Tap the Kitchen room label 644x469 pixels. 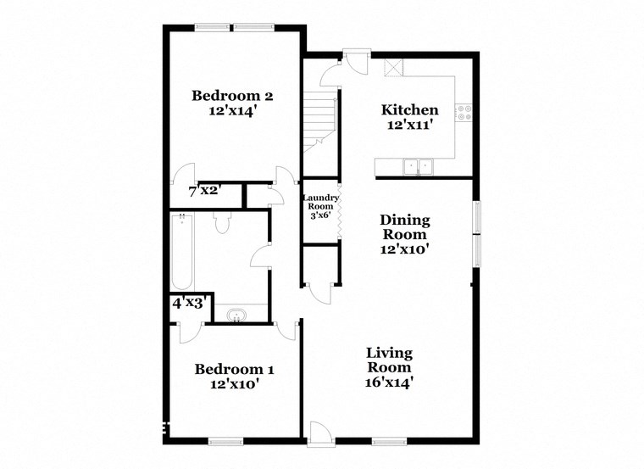(x=409, y=116)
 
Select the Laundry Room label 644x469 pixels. (x=321, y=208)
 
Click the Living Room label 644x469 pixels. (x=389, y=367)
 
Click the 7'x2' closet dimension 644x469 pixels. (x=204, y=190)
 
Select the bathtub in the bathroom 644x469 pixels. (x=181, y=254)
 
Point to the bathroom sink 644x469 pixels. (x=236, y=316)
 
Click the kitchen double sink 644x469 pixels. (x=418, y=166)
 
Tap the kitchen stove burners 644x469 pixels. (x=464, y=111)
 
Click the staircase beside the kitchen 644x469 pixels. (x=321, y=119)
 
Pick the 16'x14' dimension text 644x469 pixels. (x=389, y=382)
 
